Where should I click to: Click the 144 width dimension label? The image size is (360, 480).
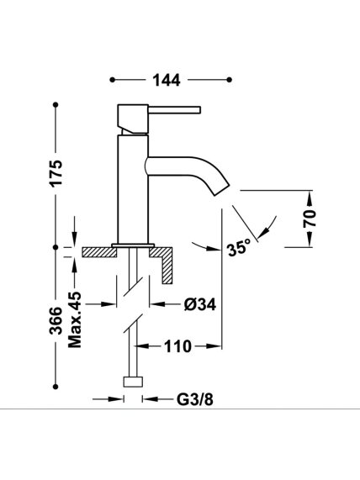coord(167,81)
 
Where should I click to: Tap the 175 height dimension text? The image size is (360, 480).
coord(56,172)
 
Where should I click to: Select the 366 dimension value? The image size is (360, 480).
coord(56,320)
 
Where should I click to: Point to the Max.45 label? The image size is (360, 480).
coord(75,319)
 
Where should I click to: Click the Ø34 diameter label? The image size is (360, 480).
coord(199,304)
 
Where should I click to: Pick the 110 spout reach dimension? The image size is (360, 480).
coord(177,346)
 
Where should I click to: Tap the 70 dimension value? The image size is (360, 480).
coord(310,219)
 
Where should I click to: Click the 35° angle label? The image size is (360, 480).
coord(239,248)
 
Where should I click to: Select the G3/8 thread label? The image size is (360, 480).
coord(195,399)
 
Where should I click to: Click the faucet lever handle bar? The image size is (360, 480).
coord(174,110)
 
